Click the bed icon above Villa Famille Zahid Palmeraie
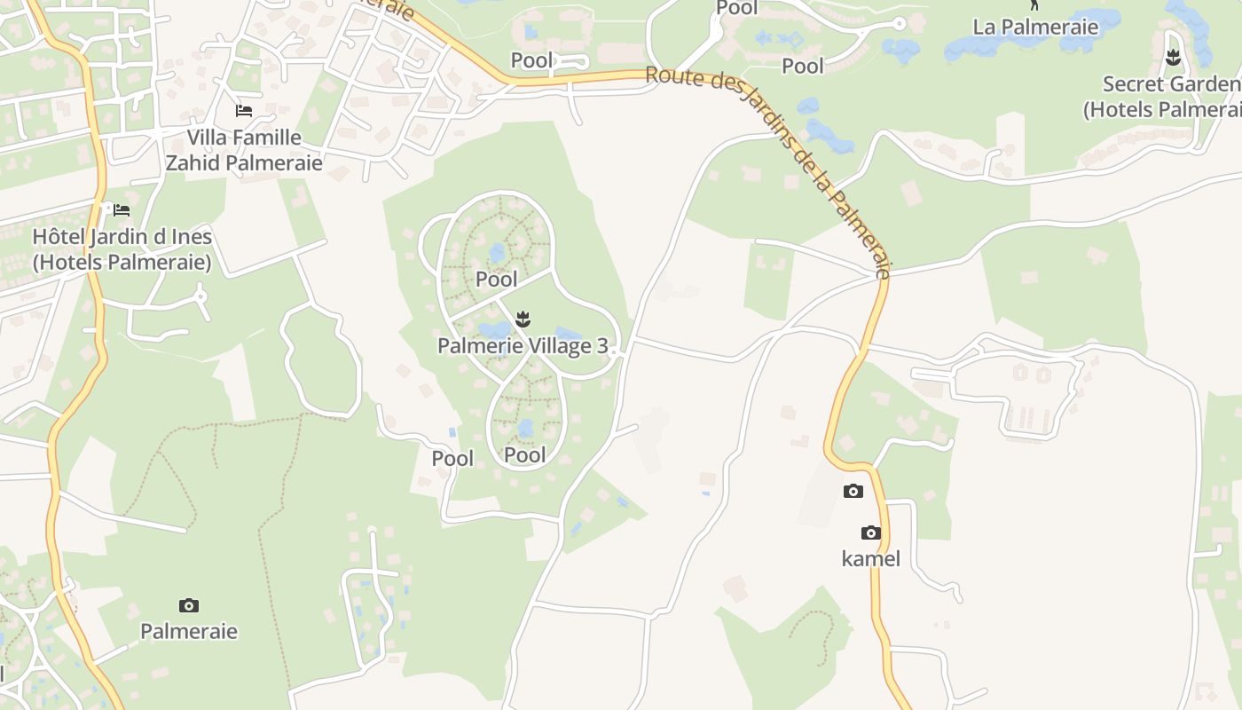(x=243, y=111)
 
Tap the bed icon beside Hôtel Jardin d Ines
(x=122, y=210)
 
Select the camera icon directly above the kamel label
(x=871, y=532)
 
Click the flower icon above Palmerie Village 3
(x=523, y=319)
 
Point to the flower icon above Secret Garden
(x=1174, y=59)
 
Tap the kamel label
(x=870, y=558)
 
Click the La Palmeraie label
(x=1035, y=27)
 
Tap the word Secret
(x=1133, y=84)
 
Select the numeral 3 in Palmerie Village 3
(x=603, y=346)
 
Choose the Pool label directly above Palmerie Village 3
(x=496, y=280)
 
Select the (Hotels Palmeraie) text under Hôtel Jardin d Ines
(x=122, y=263)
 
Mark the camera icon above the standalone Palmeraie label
(x=188, y=605)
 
